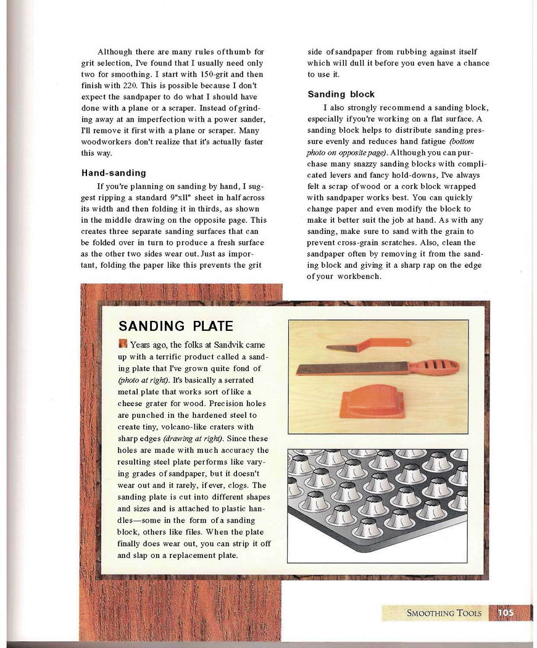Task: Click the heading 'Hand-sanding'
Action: tap(114, 173)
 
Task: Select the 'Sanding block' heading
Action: tap(341, 94)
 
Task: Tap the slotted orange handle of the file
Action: tap(434, 366)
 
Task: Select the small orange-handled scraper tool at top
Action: tap(368, 344)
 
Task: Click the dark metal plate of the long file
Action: tap(352, 368)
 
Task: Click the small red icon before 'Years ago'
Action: tap(122, 344)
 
